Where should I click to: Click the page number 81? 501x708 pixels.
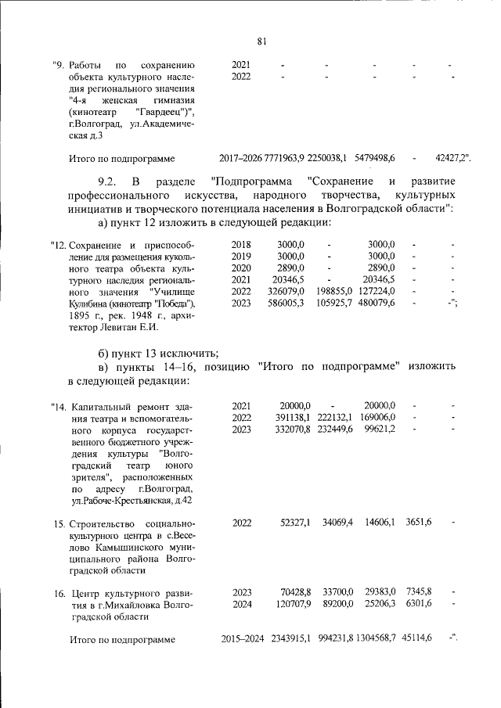pos(261,41)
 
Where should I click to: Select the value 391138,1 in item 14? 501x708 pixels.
pos(290,418)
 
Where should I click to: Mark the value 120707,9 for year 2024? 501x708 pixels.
pos(290,604)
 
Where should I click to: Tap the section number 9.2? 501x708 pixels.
pos(110,181)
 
